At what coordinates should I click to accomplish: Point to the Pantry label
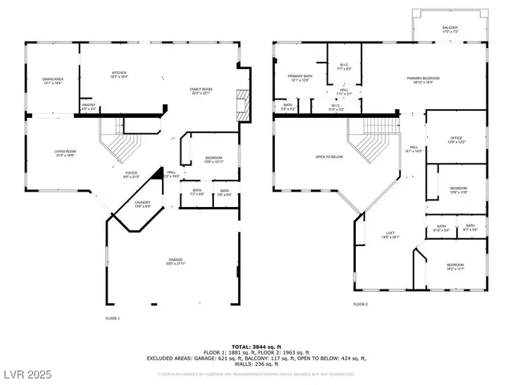coord(89,106)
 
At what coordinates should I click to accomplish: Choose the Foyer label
coord(131,175)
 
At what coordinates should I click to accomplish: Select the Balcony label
coord(450,30)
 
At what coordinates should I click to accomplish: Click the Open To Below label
coord(329,157)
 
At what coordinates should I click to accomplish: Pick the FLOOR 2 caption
coord(361,305)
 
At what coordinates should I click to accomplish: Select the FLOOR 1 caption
coord(112,319)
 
